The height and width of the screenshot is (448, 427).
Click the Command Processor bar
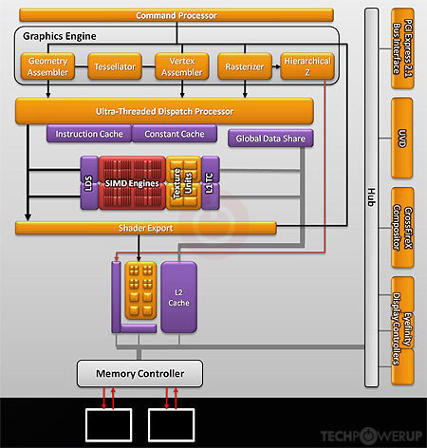coord(176,15)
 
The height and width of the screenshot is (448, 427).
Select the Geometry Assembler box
coord(47,66)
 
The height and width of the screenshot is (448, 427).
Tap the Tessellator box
coord(115,66)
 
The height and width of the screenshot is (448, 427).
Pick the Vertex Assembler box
coord(182,66)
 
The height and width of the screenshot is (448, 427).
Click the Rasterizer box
coord(245,66)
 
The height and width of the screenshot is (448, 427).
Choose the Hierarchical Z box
coord(307,66)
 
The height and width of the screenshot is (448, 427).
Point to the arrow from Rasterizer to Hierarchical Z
coord(276,66)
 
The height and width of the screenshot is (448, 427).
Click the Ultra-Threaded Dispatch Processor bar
coord(164,111)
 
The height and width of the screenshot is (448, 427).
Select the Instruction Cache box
coord(89,134)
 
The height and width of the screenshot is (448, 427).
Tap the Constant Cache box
coord(175,134)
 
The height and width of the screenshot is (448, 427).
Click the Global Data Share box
coord(270,139)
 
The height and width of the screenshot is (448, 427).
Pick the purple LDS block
coord(89,183)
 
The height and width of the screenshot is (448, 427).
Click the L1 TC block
coord(211,183)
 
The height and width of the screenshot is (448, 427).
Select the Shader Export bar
coord(146,228)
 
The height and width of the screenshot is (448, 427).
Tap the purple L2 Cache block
coord(178,297)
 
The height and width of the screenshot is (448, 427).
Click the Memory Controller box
coord(139,373)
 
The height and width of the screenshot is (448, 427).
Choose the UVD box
coord(402,138)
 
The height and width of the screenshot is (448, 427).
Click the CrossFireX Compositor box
coord(402,228)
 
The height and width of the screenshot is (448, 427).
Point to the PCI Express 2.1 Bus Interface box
coord(402,48)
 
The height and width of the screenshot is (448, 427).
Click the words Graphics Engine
coord(60,36)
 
